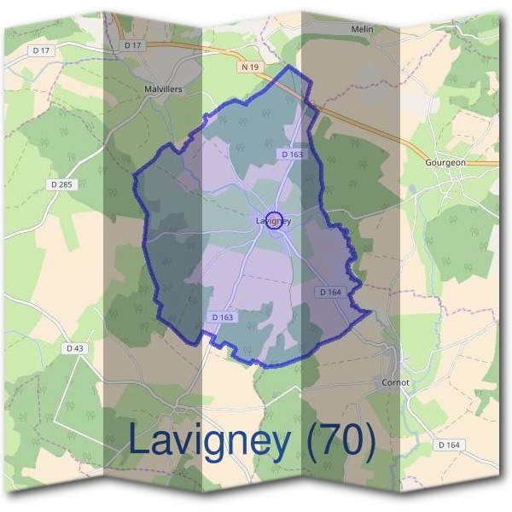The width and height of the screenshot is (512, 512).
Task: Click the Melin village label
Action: [x=363, y=29]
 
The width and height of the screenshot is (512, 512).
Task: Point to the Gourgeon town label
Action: [x=445, y=161]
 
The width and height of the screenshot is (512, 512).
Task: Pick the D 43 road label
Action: [x=74, y=348]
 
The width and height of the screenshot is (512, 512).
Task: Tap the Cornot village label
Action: [x=396, y=383]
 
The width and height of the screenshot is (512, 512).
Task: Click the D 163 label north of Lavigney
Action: [x=291, y=154]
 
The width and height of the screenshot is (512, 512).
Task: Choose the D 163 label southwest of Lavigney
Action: [x=223, y=317]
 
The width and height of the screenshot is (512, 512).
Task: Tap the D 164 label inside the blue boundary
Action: [x=330, y=292]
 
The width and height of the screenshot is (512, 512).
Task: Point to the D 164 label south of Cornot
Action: [x=449, y=445]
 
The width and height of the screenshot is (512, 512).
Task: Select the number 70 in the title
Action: [x=341, y=440]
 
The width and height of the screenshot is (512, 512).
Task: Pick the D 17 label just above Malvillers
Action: [x=132, y=44]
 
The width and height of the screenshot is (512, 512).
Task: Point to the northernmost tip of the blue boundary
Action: [x=293, y=66]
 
